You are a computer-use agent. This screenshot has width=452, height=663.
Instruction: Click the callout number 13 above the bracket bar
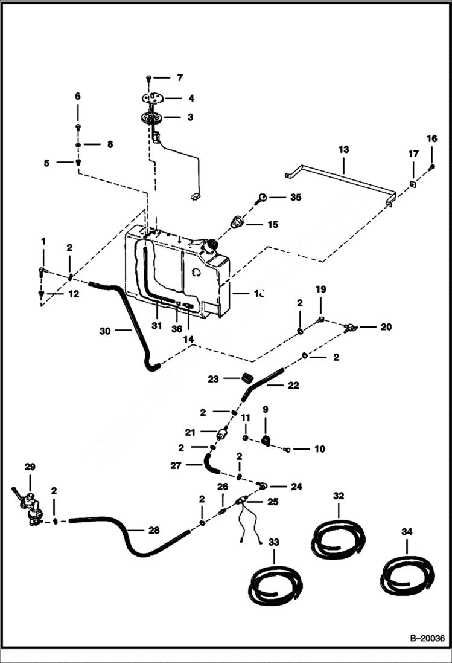tap(343, 149)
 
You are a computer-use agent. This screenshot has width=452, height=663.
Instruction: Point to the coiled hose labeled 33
tap(275, 584)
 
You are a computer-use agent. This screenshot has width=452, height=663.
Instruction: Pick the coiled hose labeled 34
tap(407, 575)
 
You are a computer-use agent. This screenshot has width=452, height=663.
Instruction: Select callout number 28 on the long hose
tap(153, 530)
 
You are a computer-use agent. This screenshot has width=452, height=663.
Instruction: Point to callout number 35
tap(295, 197)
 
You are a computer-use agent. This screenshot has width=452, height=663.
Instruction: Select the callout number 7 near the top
tap(179, 78)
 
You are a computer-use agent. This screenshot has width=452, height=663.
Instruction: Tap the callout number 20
tap(386, 327)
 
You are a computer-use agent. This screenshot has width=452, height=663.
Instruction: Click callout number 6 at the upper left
tap(77, 97)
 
